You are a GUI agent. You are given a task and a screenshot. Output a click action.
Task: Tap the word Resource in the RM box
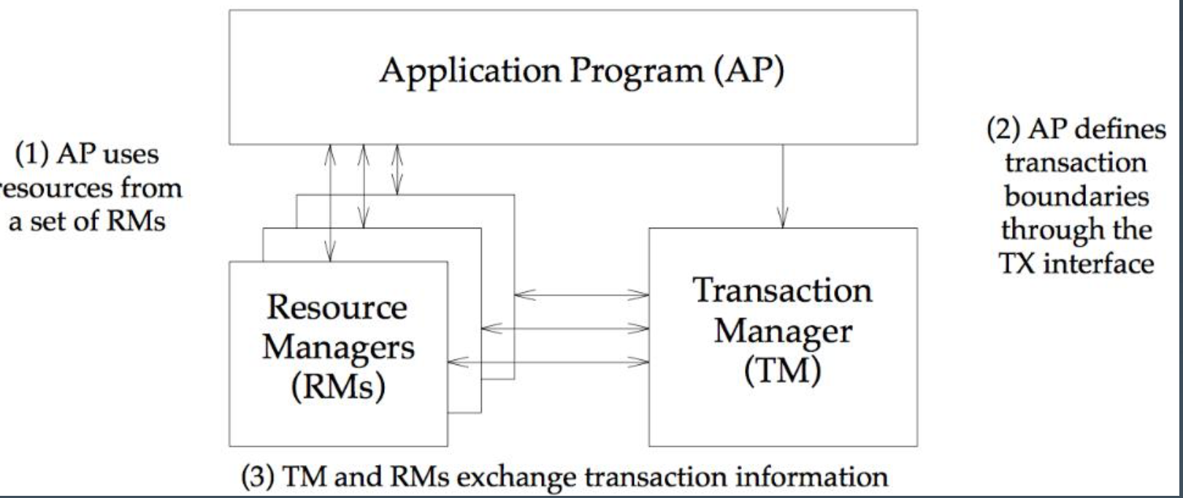337,307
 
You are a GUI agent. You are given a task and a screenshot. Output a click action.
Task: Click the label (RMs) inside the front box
337,386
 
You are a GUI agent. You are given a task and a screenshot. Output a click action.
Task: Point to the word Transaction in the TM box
782,290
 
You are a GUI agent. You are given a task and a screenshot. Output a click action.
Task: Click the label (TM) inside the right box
782,371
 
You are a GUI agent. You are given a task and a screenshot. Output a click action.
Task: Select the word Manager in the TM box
782,331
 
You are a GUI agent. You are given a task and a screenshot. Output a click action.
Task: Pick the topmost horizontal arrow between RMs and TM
581,295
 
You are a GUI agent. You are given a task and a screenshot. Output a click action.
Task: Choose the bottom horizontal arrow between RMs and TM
548,361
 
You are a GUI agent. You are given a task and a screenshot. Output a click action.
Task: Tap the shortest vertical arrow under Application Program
397,169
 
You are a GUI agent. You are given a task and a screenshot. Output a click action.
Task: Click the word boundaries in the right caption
1076,196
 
